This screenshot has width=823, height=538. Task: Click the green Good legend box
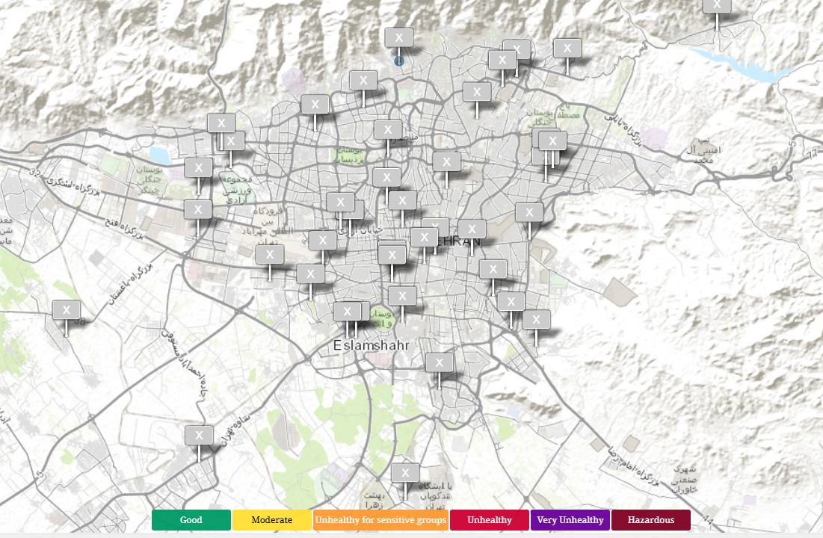coord(191,520)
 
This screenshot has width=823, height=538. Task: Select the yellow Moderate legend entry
coord(271,520)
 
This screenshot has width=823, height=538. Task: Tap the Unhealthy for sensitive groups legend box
coord(380,520)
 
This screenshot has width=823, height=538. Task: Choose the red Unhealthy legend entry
coord(489,520)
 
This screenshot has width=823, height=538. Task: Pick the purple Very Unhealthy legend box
coord(570,520)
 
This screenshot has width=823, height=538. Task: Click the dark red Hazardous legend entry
coord(650,520)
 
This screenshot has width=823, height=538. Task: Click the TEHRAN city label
coord(453,241)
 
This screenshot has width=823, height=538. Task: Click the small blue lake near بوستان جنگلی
coord(160,155)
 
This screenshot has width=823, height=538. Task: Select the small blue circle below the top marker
coord(398,61)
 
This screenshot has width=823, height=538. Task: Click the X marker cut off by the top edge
coord(717,4)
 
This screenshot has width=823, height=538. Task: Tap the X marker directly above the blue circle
coord(398,37)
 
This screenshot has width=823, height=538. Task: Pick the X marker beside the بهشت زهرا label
coord(404,472)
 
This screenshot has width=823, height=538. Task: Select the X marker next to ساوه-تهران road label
coord(199,435)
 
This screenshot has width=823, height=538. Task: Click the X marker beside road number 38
coord(67,310)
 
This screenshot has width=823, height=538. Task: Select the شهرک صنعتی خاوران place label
coord(685,478)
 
